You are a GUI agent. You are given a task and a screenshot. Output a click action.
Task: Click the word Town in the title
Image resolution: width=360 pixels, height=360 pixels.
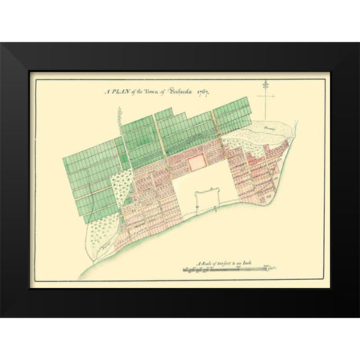pyautogui.click(x=152, y=91)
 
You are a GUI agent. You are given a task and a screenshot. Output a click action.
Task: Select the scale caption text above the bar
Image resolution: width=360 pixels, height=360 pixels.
pyautogui.click(x=226, y=263)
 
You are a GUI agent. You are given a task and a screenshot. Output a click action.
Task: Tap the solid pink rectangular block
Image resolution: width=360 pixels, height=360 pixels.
pyautogui.click(x=195, y=159)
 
